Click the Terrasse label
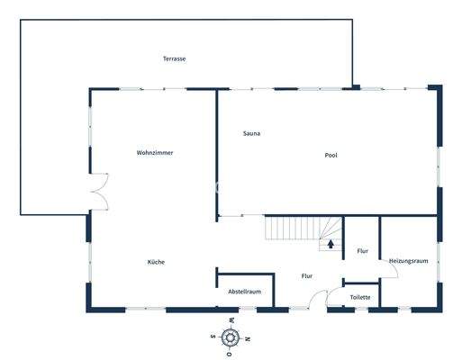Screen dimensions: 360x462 pos(174,58)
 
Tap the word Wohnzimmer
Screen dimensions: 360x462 pos(155,153)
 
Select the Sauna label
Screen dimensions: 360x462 pos(251,133)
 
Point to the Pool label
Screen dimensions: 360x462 pos(331,155)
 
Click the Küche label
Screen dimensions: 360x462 pos(157,262)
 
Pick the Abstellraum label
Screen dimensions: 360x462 pos(244,292)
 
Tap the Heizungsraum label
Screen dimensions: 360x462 pos(407,261)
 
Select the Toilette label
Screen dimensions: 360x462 pos(360,297)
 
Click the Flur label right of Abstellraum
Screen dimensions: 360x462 pos(306,276)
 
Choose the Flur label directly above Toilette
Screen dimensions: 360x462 pos(362,251)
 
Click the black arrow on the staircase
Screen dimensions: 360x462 pos(331,242)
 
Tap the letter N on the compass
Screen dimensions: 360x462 pos(249,338)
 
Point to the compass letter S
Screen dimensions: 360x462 pos(213,338)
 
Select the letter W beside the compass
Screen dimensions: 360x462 pos(231,321)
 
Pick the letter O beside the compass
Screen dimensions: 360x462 pos(231,355)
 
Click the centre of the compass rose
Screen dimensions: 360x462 pos(231,338)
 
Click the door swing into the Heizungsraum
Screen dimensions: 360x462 pos(389,270)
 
